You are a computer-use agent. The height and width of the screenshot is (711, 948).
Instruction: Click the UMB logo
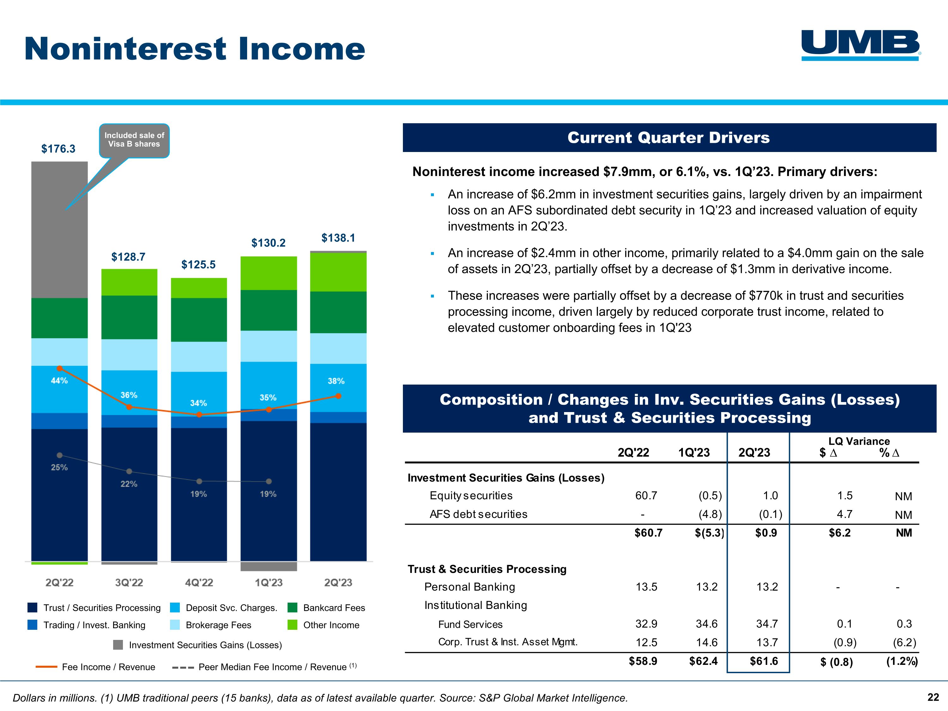point(860,45)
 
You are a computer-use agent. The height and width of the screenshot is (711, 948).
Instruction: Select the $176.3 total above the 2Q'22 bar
point(58,149)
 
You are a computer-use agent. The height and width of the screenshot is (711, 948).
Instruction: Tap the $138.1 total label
point(338,238)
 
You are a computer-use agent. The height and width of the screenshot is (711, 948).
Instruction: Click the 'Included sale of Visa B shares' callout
point(134,140)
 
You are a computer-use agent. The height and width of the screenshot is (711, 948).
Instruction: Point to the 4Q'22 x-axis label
point(199,582)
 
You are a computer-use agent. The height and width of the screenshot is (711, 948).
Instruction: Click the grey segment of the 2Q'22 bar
point(60,229)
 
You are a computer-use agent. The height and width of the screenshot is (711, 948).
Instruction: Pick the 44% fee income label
point(59,380)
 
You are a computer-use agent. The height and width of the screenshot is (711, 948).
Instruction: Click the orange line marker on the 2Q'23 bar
point(338,396)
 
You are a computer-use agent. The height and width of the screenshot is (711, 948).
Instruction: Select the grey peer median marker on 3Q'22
point(129,471)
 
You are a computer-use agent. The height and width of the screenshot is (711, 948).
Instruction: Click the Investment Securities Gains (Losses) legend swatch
point(118,645)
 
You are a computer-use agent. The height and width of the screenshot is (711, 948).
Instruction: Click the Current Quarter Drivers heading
point(669,137)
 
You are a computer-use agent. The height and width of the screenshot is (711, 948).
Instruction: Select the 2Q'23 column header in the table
point(754,453)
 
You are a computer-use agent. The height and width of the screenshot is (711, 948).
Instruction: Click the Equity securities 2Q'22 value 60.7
point(646,496)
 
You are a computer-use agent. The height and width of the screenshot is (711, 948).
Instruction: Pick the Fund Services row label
point(470,624)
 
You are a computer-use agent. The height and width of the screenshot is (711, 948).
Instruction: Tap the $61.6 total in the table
point(764,661)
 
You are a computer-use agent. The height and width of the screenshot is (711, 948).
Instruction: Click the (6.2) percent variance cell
point(904,642)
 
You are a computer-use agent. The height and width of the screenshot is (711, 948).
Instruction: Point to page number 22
point(933,698)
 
